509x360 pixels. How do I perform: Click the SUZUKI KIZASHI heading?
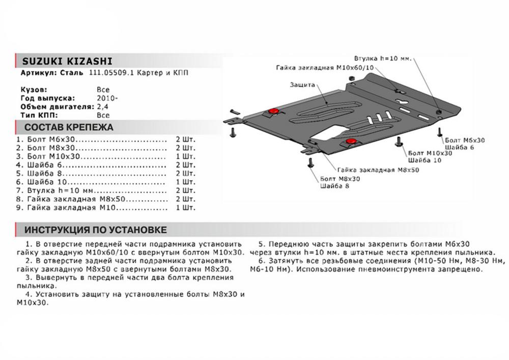63,62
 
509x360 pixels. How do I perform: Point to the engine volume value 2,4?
102,107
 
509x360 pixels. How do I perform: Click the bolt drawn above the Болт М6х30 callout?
438,131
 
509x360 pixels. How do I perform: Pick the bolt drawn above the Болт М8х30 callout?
310,163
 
